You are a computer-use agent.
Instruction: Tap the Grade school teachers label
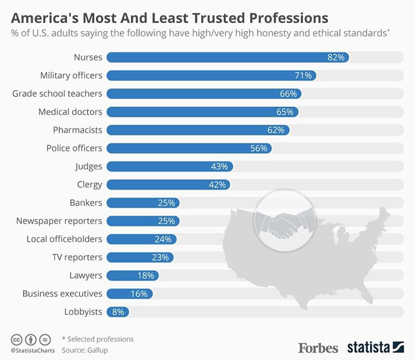57,93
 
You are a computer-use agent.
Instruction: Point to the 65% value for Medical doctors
285,112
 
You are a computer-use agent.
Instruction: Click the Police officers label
74,148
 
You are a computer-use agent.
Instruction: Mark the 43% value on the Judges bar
218,166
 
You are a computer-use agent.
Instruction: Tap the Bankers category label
85,203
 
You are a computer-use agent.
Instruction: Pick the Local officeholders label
64,239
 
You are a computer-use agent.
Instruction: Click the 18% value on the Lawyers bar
146,275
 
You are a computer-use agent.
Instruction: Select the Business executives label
62,293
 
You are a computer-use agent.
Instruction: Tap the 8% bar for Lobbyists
118,312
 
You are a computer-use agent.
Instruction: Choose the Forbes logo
318,347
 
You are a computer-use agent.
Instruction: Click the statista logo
375,347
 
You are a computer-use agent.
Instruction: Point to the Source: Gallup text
84,350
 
